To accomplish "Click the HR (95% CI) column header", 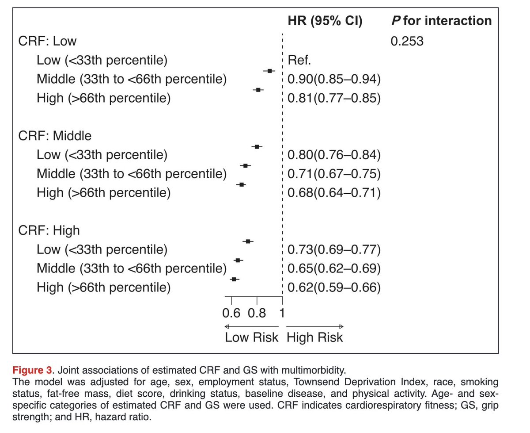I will pos(325,21).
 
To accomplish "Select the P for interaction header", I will pos(441,21).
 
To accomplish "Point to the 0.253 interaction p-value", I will pos(407,41).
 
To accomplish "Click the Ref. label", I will pos(299,60).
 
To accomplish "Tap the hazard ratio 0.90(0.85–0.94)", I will pos(334,79).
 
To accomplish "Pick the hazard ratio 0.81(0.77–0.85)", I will pos(334,98).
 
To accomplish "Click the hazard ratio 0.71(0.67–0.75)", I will pos(334,174).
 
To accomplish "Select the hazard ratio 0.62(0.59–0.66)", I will pos(334,287).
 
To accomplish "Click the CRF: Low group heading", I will pos(47,41).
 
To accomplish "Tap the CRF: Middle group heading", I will pos(55,136).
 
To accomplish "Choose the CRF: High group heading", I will pos(49,230).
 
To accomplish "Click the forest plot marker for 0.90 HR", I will pos(269,71).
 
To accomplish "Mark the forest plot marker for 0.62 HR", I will pos(235,279).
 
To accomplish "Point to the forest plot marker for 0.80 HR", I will pos(257,146).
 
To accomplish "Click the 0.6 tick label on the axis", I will pos(231,313).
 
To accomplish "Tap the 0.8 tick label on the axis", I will pos(257,313).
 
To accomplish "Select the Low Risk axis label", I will pos(252,337).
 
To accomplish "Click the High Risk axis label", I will pos(314,337).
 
